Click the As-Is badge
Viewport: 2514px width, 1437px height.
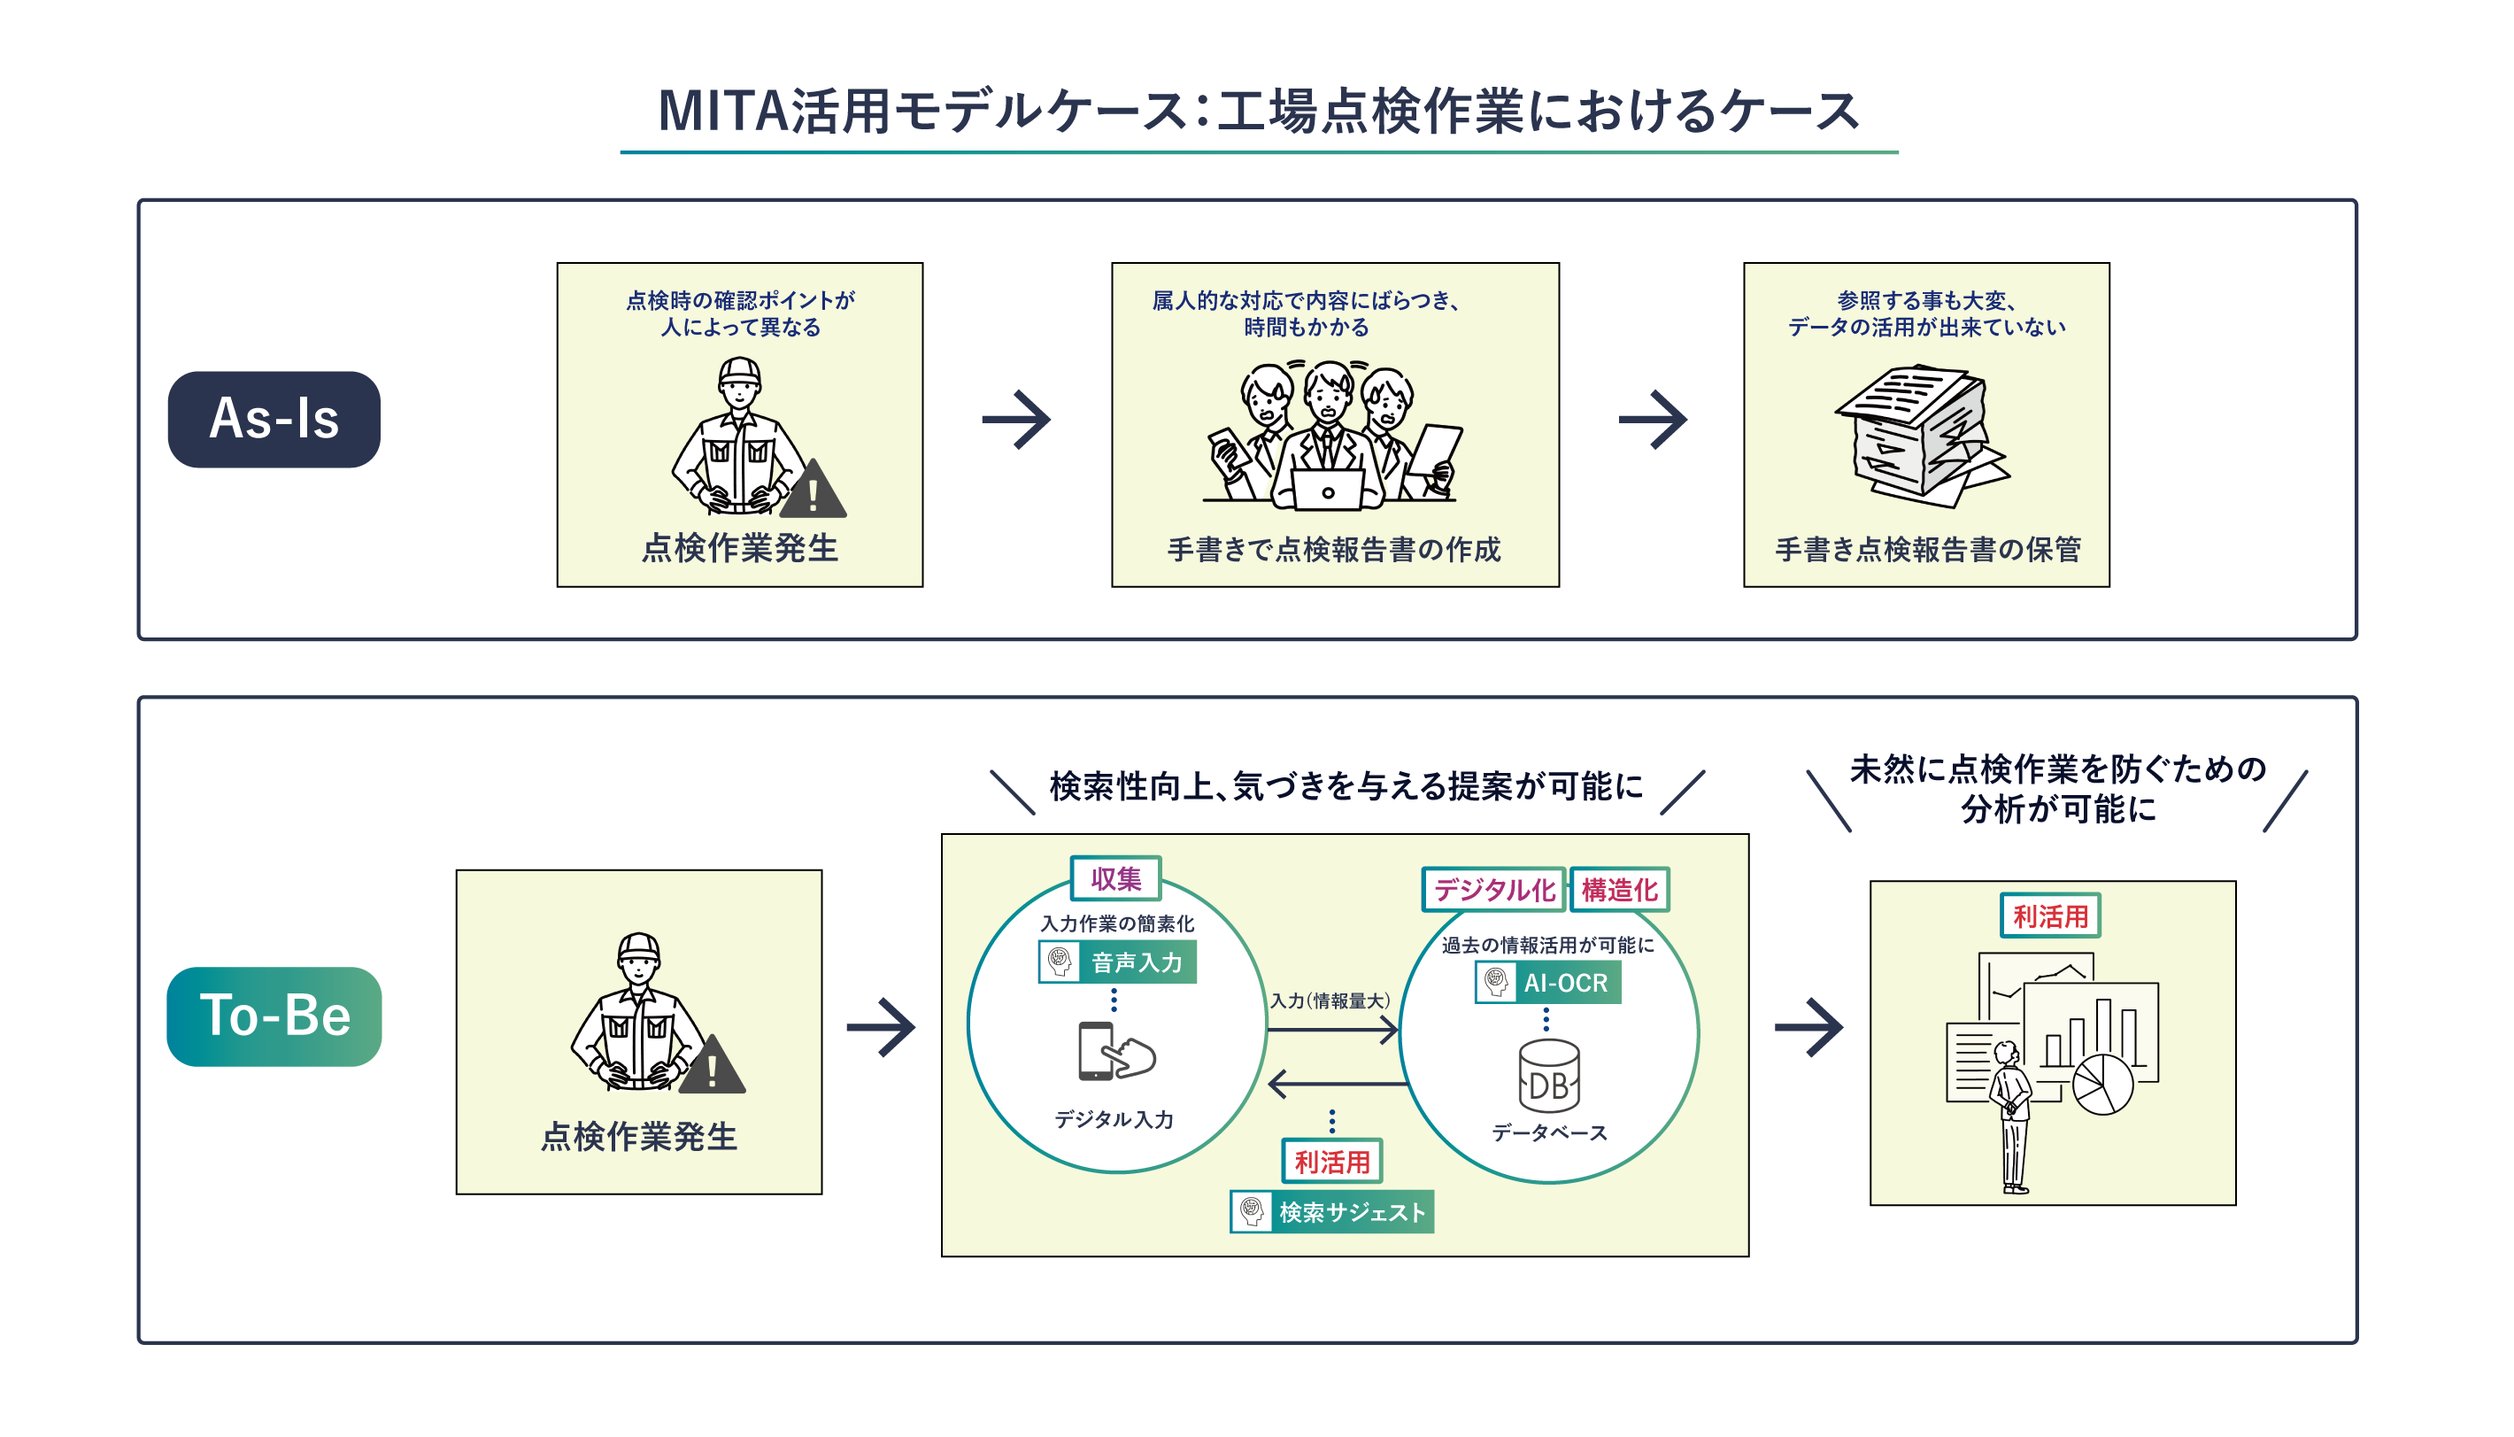pos(274,420)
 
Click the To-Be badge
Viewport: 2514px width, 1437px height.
pos(274,1016)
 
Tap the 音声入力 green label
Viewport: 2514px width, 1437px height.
pos(1117,962)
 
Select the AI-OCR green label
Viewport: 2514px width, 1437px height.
pos(1547,983)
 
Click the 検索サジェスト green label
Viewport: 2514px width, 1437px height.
pos(1331,1212)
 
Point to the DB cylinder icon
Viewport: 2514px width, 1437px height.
pos(1548,1076)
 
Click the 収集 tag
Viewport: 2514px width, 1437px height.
pos(1116,878)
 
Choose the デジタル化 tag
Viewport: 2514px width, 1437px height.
pos(1494,890)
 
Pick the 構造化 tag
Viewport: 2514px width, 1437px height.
pos(1619,890)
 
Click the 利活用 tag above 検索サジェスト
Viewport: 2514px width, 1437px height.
pos(1332,1162)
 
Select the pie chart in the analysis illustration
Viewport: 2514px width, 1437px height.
pos(2101,1085)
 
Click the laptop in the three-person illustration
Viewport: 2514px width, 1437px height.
pos(1327,490)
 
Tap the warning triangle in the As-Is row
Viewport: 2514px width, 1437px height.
pos(812,490)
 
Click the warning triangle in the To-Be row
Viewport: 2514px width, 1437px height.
pos(712,1065)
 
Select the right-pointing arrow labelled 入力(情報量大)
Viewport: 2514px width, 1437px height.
pos(1333,1031)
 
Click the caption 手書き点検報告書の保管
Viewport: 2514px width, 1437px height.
pos(1927,550)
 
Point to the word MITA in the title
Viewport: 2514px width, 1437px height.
pos(723,111)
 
